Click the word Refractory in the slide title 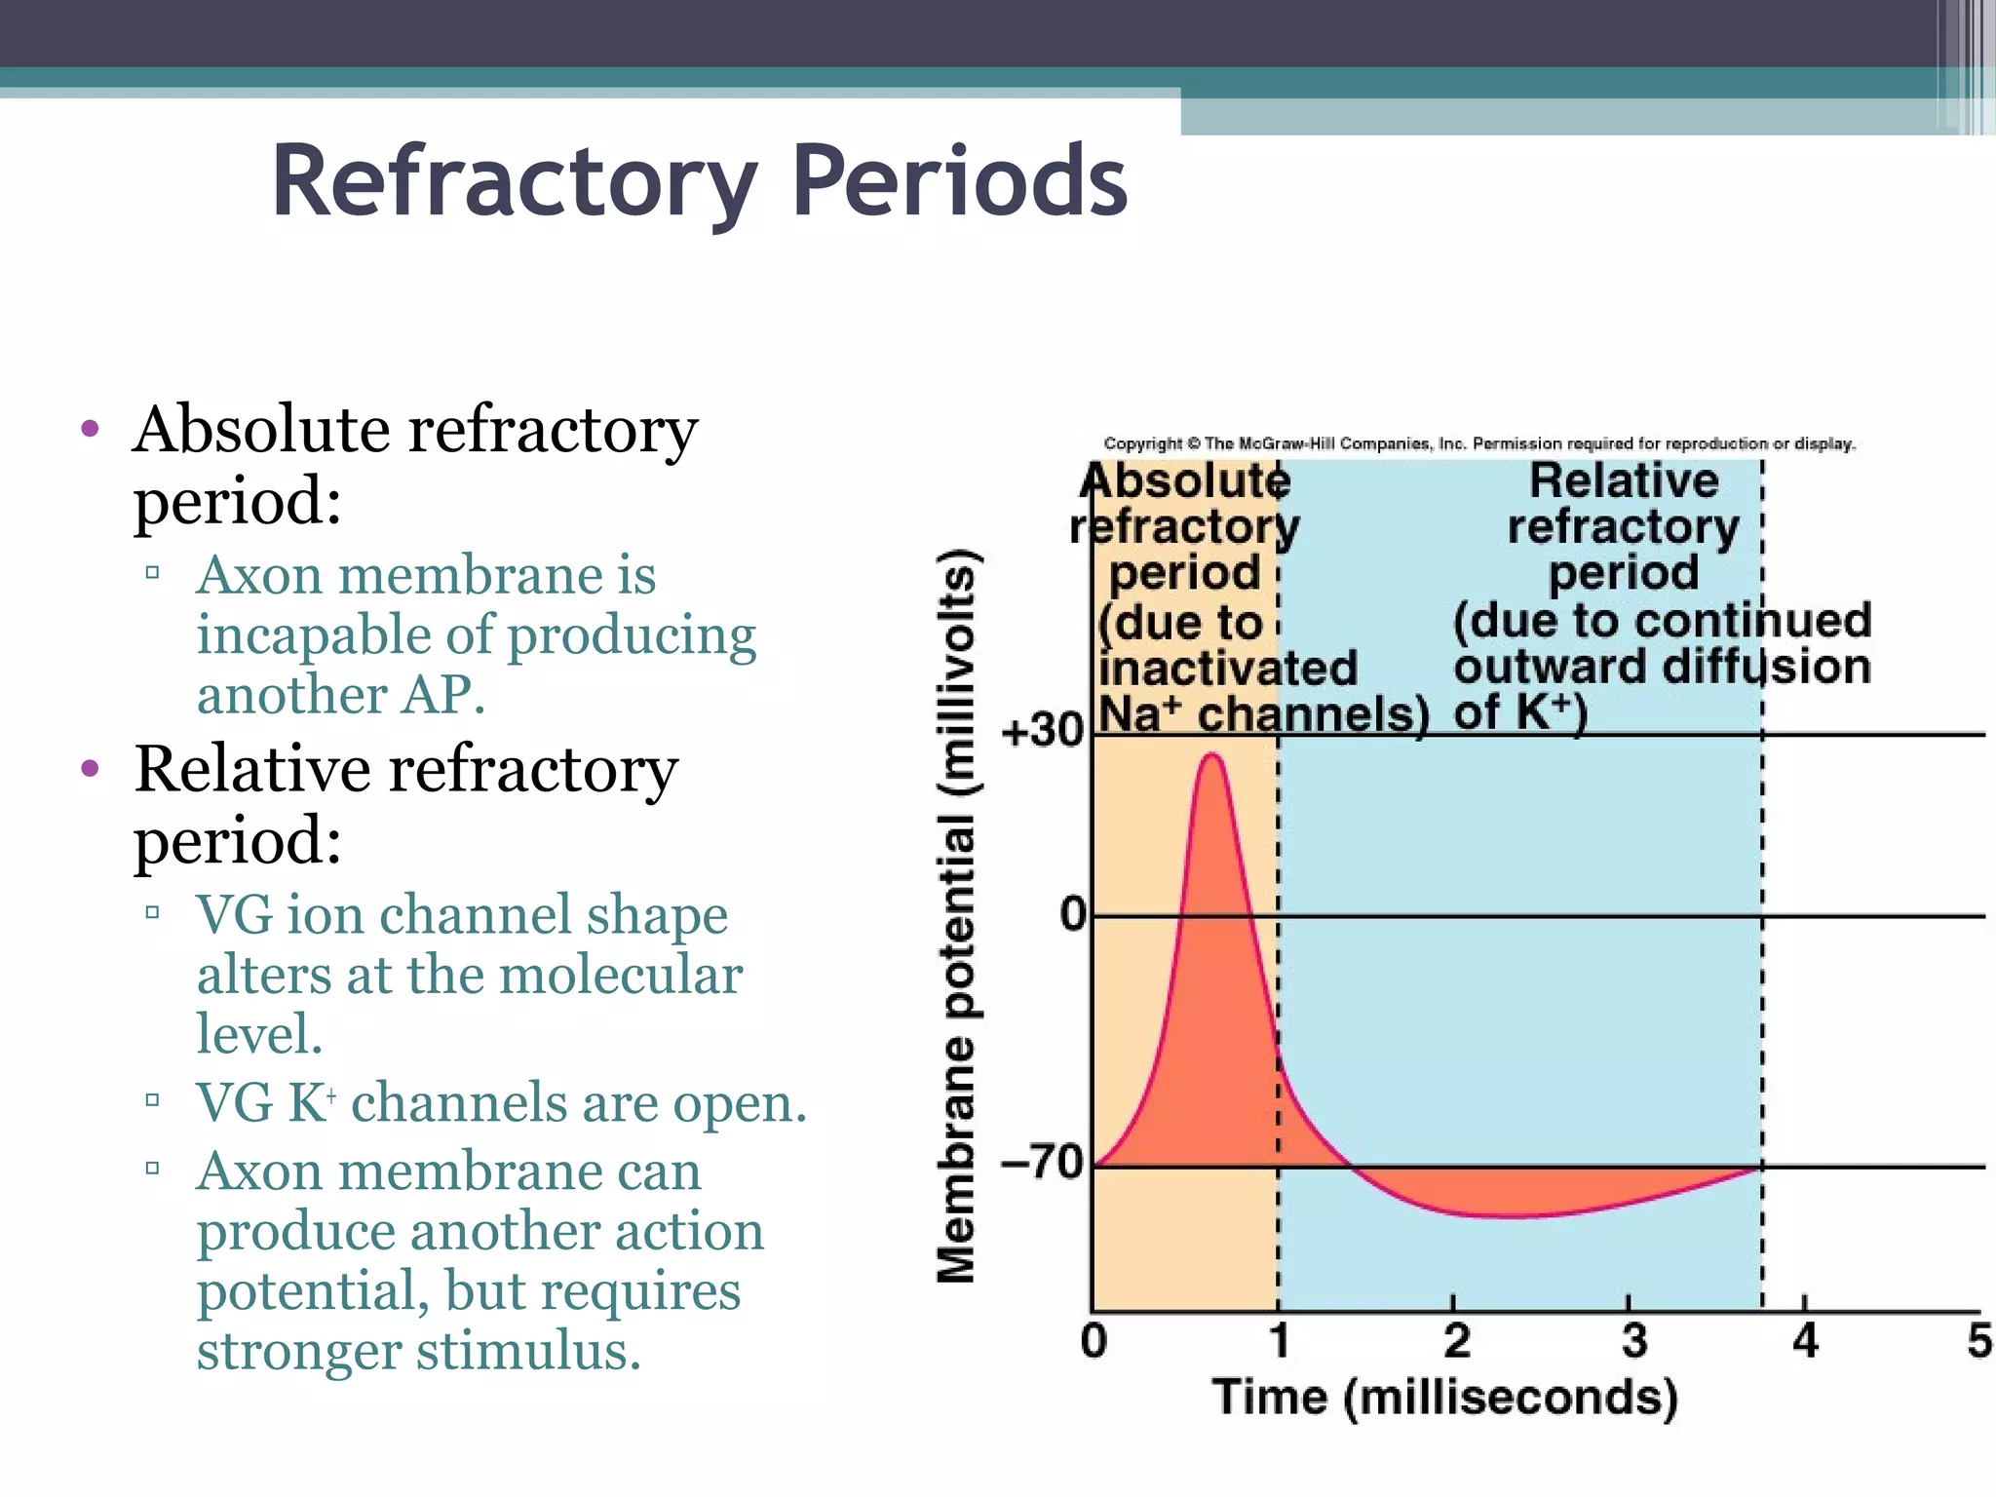click(x=514, y=183)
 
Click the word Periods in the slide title click(x=959, y=181)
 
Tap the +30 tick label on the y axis click(x=1042, y=731)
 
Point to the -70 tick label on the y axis click(x=1042, y=1162)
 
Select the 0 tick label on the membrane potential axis click(x=1072, y=915)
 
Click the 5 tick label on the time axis click(x=1978, y=1342)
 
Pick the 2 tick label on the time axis click(x=1456, y=1342)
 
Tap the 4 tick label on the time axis click(x=1805, y=1342)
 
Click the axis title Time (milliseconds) click(x=1444, y=1398)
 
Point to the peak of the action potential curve click(x=1212, y=754)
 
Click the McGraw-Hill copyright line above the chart click(x=1478, y=444)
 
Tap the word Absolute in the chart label click(x=1185, y=481)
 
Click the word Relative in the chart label click(x=1624, y=481)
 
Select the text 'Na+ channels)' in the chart click(x=1263, y=714)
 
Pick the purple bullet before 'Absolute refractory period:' click(x=91, y=429)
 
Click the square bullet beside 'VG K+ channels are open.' click(x=152, y=1101)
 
